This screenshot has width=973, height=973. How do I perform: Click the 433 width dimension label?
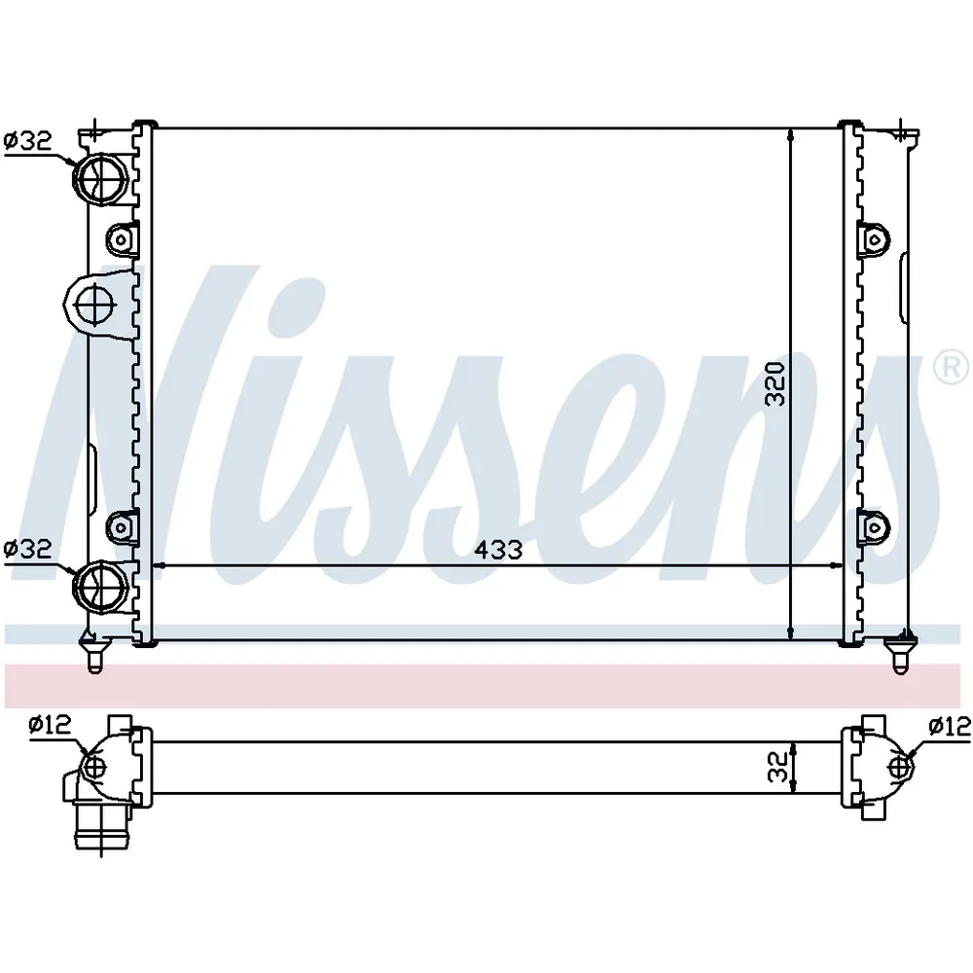497,549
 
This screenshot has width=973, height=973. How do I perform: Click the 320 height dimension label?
775,384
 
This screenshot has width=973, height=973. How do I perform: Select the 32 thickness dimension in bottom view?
776,767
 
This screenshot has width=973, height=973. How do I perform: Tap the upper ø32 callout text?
28,141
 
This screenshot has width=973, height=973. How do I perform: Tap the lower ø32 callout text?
28,549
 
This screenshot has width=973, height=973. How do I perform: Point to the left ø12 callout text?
51,724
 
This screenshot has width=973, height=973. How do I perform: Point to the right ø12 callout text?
950,725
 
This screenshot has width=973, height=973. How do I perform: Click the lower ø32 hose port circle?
100,585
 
